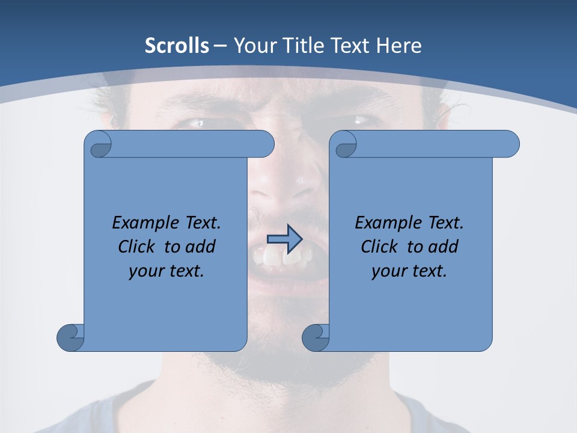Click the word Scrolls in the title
pos(177,46)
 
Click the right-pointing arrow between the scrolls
pos(284,239)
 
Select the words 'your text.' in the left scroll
pos(166,271)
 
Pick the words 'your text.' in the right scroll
pos(409,271)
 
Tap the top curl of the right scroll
pos(344,144)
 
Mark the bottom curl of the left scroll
pos(70,337)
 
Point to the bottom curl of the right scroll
pos(315,337)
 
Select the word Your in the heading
pos(254,46)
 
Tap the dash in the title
pos(220,46)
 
